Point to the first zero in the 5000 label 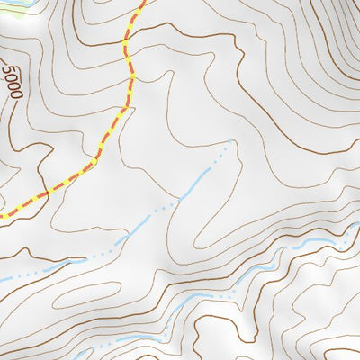pos(9,79)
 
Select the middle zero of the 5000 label pos(12,87)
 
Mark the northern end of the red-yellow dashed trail pos(142,3)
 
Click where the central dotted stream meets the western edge pos(2,279)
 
